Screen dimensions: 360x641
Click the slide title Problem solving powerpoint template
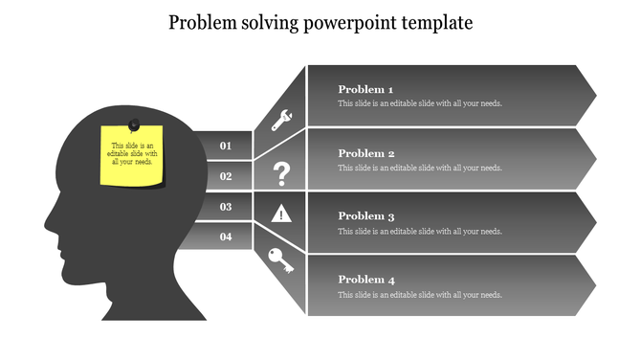coord(320,22)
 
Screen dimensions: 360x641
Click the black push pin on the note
coord(134,124)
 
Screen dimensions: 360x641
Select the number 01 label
coord(226,146)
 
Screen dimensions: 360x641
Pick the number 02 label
coord(226,176)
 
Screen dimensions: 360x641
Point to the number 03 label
coord(226,207)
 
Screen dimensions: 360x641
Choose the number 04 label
coord(226,236)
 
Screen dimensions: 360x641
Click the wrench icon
coord(282,120)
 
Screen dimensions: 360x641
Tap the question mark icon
coord(281,174)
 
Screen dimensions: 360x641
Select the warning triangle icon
coord(281,213)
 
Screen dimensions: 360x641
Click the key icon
coord(281,260)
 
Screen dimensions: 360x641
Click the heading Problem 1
coord(366,89)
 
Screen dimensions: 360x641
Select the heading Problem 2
coord(366,153)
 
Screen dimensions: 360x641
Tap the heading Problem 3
coord(366,216)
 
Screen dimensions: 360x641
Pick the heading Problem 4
coord(366,280)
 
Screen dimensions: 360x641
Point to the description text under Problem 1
coord(420,103)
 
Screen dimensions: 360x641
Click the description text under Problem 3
coord(420,231)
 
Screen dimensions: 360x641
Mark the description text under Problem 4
coord(420,294)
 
